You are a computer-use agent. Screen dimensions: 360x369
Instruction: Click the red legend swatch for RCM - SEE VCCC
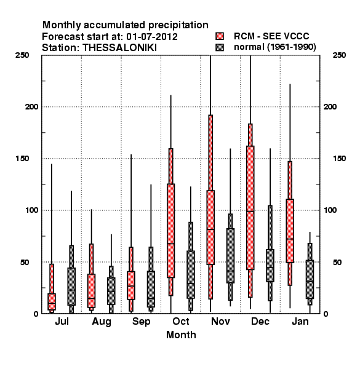click(x=220, y=36)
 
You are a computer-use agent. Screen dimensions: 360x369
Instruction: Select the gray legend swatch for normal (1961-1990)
click(x=220, y=47)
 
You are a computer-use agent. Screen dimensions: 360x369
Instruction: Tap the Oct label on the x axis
click(x=181, y=322)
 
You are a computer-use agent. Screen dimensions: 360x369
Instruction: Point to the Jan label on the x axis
click(x=300, y=322)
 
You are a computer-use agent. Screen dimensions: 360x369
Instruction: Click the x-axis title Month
click(x=181, y=335)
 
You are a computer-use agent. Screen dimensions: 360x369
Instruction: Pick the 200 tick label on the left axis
click(x=31, y=107)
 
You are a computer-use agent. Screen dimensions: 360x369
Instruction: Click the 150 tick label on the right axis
click(x=339, y=159)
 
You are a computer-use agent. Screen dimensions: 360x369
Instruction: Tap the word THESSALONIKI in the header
click(x=119, y=48)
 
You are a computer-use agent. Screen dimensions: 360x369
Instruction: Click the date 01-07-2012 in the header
click(x=152, y=37)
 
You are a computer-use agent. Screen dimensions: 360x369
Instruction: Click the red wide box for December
click(x=250, y=208)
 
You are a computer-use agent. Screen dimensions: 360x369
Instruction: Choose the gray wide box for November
click(x=230, y=256)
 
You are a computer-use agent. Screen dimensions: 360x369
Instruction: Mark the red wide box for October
click(x=170, y=231)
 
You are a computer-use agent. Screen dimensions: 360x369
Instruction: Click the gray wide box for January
click(x=310, y=279)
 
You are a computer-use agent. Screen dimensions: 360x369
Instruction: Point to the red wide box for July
click(x=52, y=302)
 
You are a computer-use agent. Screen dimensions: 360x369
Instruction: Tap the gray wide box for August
click(x=111, y=291)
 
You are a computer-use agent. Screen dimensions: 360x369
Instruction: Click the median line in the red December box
click(x=250, y=212)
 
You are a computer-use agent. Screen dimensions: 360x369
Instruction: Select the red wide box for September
click(x=131, y=285)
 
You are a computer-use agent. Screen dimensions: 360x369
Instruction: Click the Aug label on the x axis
click(x=102, y=322)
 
